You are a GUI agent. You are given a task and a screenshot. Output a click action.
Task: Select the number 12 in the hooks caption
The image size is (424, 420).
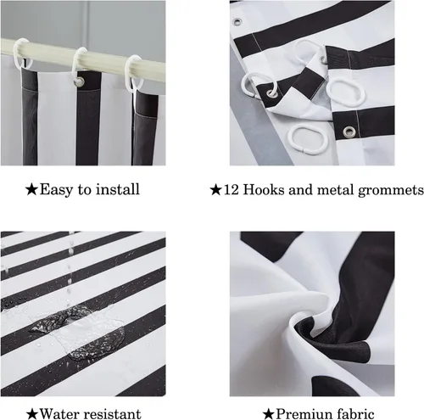click(x=232, y=189)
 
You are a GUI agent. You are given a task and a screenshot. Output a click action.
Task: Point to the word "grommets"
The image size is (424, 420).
click(x=391, y=190)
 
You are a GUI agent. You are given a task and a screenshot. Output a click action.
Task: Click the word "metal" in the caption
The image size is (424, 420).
click(x=336, y=189)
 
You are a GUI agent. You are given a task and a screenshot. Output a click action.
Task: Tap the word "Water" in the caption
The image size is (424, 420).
click(x=59, y=414)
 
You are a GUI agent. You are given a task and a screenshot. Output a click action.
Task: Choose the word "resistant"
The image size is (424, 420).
click(x=112, y=414)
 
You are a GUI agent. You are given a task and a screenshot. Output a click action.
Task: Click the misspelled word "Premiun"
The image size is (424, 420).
click(x=304, y=414)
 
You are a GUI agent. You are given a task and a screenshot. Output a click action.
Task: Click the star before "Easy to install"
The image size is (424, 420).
click(x=31, y=189)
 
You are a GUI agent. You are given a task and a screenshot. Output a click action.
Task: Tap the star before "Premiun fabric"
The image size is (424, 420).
click(x=268, y=414)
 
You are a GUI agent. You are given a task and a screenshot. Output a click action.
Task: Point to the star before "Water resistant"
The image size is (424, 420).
click(x=32, y=414)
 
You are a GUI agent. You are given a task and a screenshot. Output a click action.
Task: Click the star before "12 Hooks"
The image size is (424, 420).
click(x=215, y=190)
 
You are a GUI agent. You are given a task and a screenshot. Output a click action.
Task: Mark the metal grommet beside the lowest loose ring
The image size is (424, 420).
click(x=349, y=132)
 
